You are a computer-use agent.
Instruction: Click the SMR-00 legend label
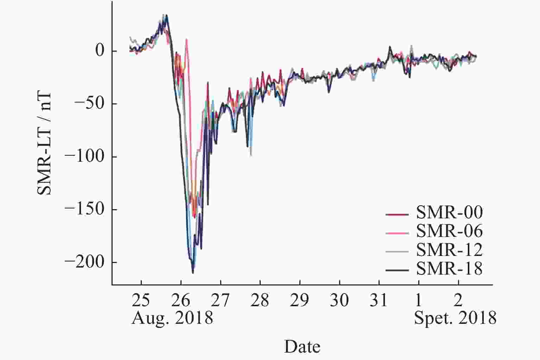449,212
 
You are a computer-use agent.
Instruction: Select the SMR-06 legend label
449,231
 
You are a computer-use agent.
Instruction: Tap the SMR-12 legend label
449,250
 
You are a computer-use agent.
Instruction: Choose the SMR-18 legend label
449,269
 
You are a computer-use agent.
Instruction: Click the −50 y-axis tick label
90,104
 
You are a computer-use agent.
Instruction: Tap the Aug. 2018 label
172,319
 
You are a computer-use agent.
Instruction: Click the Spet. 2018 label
455,319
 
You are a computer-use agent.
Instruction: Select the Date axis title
302,347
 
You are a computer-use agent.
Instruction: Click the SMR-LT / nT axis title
45,144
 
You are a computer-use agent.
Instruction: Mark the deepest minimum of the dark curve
193,273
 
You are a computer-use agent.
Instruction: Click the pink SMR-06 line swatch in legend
397,233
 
